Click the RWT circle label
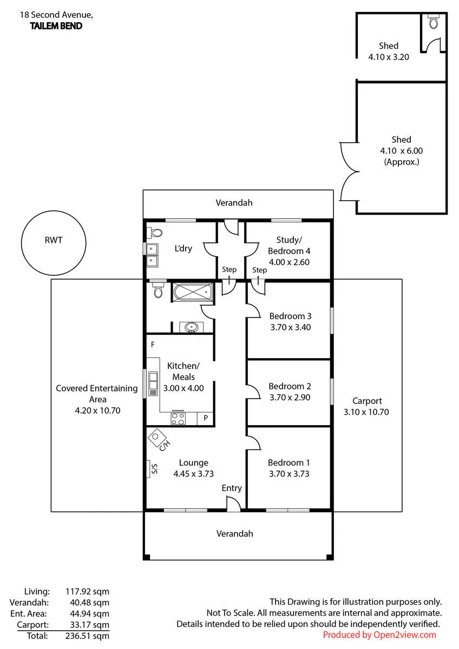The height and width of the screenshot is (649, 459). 54,240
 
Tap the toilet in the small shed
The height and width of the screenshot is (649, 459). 434,22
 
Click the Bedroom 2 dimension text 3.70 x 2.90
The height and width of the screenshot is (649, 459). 290,398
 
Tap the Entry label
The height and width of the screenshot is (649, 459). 232,488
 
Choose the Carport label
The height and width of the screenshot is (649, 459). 367,401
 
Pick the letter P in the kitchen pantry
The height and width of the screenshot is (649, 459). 206,418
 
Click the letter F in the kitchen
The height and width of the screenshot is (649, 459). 153,345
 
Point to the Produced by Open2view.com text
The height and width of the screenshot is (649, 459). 379,635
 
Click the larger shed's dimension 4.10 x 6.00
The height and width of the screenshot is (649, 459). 401,151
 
